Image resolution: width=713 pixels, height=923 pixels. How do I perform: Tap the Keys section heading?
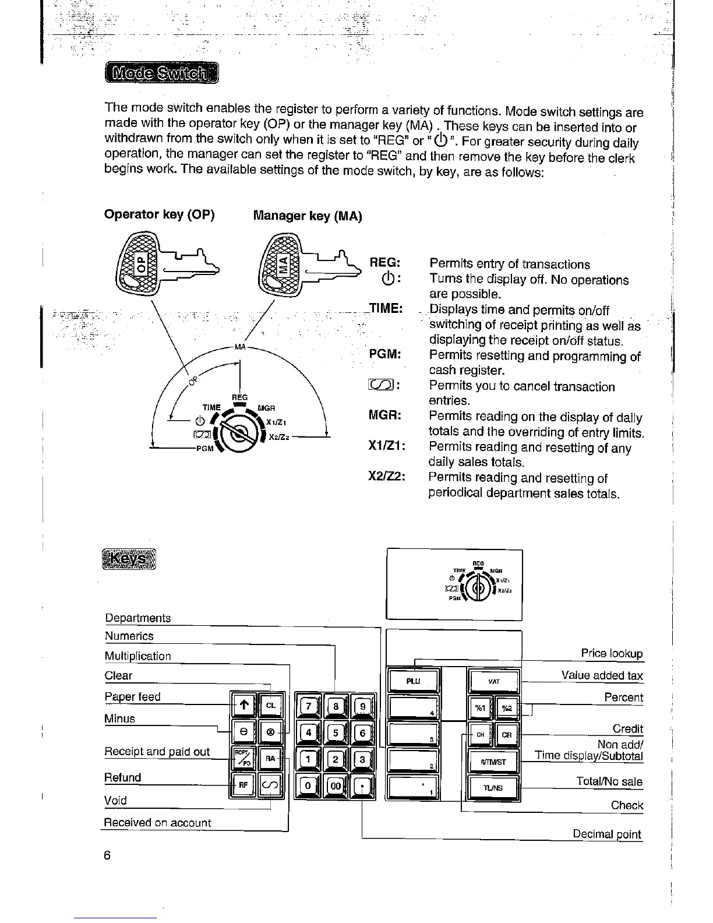(x=129, y=560)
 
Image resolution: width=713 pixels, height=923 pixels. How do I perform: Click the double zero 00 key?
(x=336, y=785)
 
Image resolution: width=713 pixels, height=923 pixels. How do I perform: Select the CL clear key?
(x=271, y=705)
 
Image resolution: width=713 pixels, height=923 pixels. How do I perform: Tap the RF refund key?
(x=243, y=784)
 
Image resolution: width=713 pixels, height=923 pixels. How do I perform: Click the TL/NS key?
(x=493, y=788)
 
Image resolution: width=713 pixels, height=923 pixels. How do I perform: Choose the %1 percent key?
(x=480, y=707)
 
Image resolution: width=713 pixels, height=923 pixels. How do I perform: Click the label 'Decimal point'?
(x=607, y=834)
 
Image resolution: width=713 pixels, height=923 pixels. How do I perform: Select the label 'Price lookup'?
(x=612, y=653)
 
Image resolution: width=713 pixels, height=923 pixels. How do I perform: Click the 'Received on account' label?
(x=157, y=823)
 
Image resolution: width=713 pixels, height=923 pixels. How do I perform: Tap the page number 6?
(x=107, y=855)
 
